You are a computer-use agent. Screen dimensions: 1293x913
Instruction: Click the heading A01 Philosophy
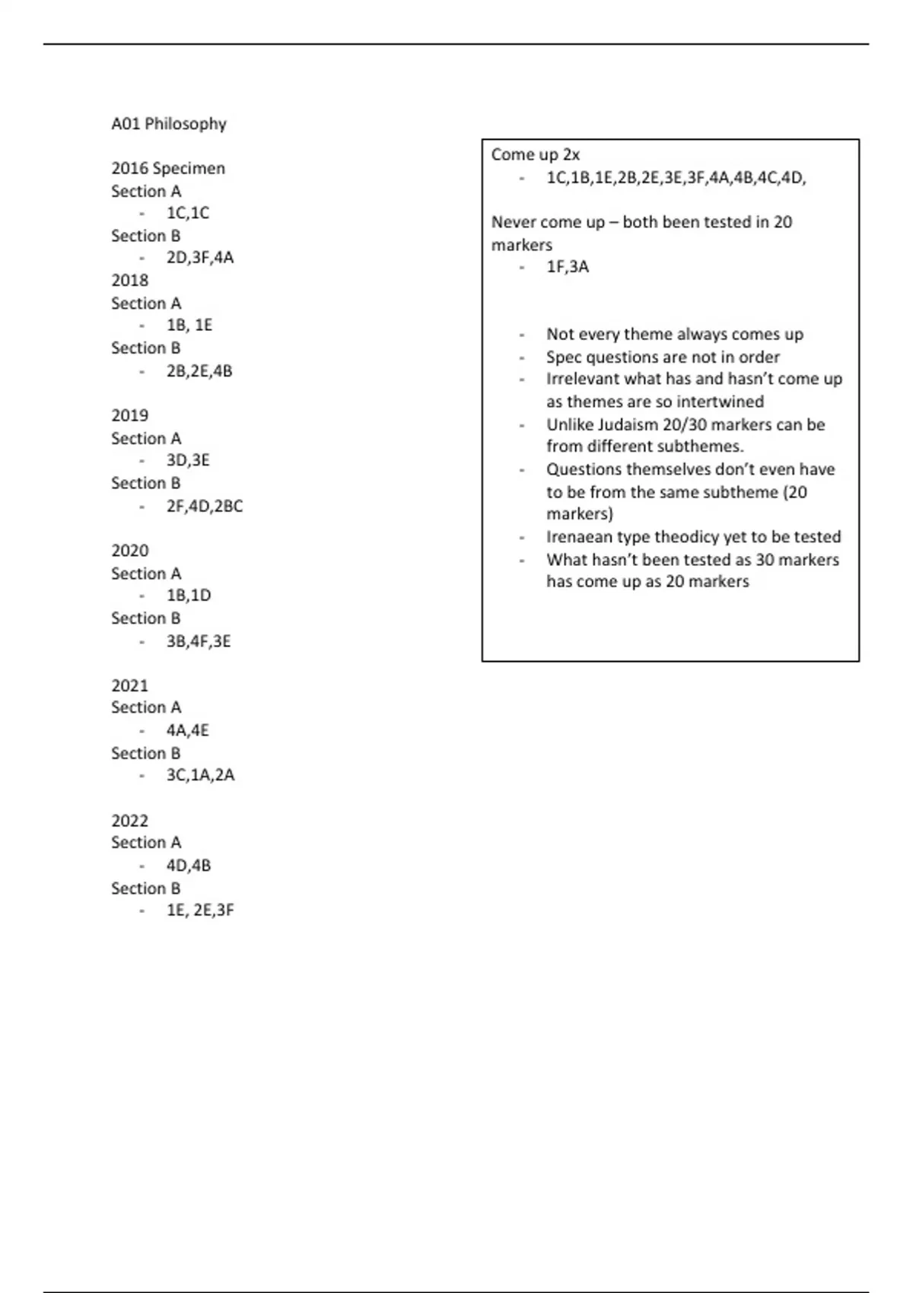[x=169, y=124]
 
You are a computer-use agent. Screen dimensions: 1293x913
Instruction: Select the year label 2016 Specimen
[x=168, y=168]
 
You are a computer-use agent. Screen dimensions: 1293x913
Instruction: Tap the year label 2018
[x=129, y=280]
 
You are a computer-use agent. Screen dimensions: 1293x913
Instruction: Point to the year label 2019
[x=129, y=415]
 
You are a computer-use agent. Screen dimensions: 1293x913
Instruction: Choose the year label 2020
[x=129, y=551]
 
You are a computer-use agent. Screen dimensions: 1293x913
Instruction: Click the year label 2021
[x=129, y=685]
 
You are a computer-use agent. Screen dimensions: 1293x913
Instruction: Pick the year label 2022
[x=129, y=821]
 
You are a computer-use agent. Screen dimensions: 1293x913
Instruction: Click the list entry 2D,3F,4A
[x=200, y=258]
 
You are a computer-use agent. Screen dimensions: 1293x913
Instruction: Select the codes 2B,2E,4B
[x=199, y=371]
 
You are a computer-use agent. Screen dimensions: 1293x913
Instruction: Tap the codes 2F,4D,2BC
[x=205, y=506]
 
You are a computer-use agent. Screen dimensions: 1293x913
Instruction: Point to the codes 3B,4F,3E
[x=199, y=641]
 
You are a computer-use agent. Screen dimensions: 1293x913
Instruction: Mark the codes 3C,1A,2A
[x=200, y=775]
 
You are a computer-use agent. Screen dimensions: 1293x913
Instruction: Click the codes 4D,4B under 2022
[x=189, y=866]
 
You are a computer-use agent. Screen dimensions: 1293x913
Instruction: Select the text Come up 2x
[x=536, y=155]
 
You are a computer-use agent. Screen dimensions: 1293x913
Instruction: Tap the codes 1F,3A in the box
[x=568, y=267]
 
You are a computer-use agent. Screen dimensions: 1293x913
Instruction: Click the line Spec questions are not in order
[x=663, y=357]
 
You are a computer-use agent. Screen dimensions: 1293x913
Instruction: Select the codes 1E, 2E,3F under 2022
[x=200, y=910]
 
